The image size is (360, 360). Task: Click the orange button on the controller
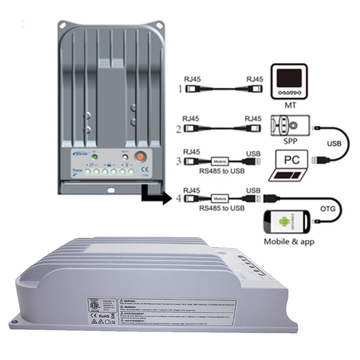coord(140,157)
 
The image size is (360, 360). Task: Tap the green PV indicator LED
coord(94,157)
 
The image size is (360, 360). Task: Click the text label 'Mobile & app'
coord(289,242)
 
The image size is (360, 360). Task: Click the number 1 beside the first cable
coord(180,89)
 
